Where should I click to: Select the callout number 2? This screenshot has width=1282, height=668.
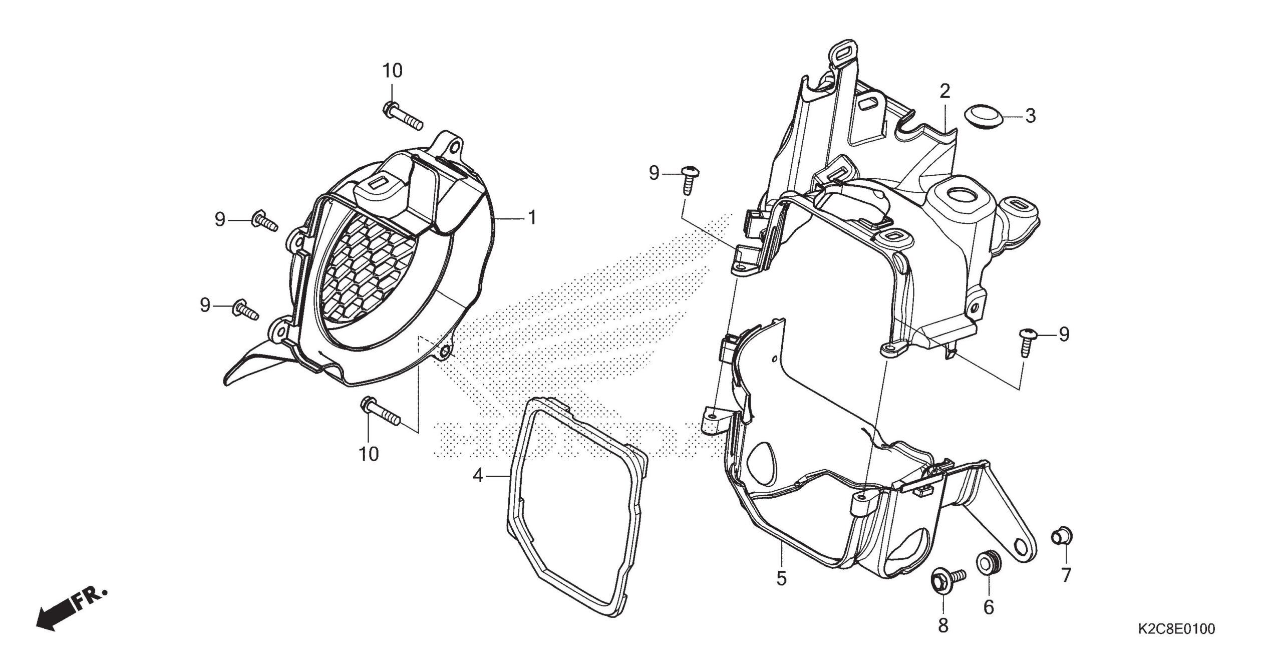point(945,92)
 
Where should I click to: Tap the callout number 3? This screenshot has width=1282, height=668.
point(1030,116)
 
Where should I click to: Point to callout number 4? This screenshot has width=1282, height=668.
point(478,476)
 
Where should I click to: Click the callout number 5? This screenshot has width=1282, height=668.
point(782,579)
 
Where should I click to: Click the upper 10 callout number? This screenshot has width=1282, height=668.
point(393,71)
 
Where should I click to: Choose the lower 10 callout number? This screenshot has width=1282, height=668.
point(369,454)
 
